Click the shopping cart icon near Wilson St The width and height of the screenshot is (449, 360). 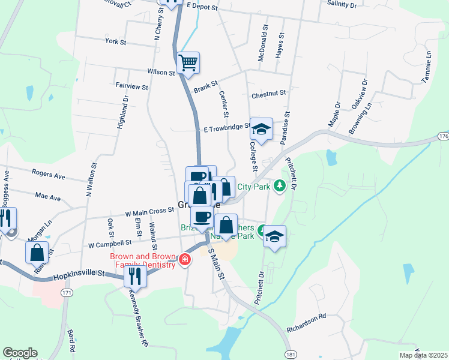click(188, 62)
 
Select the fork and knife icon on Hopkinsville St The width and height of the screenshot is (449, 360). click(134, 276)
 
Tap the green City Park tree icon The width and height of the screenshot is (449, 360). click(279, 186)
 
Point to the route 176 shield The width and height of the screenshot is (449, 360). click(443, 137)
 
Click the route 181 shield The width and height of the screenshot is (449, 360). click(291, 354)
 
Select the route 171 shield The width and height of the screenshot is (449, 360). click(67, 292)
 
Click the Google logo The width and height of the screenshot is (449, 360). click(20, 353)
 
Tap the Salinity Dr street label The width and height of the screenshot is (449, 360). click(342, 4)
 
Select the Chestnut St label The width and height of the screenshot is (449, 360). click(269, 94)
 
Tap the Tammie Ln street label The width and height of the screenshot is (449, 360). click(427, 63)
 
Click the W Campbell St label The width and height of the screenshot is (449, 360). click(109, 244)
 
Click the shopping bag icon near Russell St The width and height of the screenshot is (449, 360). click(37, 252)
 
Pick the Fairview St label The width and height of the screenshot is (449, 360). click(131, 87)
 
